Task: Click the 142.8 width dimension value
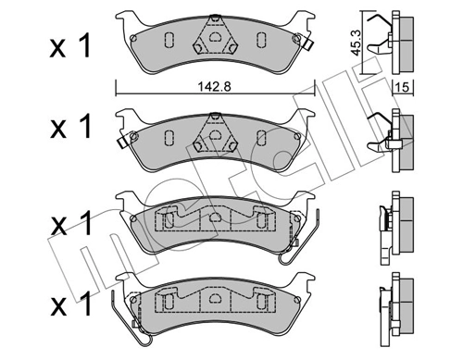215,89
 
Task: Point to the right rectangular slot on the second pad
261,136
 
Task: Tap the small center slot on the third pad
214,220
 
